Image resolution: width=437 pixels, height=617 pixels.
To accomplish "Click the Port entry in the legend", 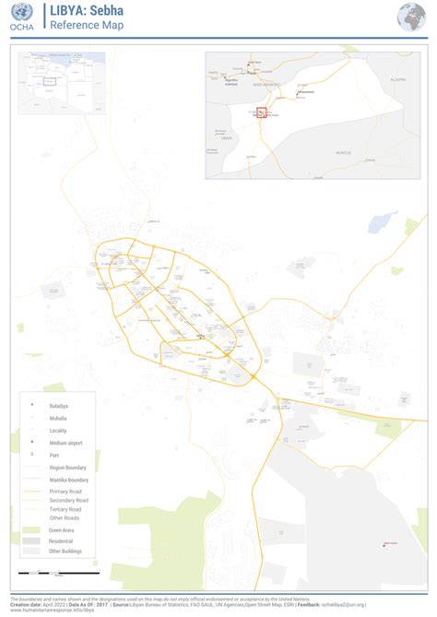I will click(x=54, y=455).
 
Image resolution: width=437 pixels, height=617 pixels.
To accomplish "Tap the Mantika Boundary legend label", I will click(x=69, y=480).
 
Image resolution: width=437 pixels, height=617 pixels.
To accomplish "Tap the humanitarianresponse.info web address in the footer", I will click(x=52, y=609).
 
